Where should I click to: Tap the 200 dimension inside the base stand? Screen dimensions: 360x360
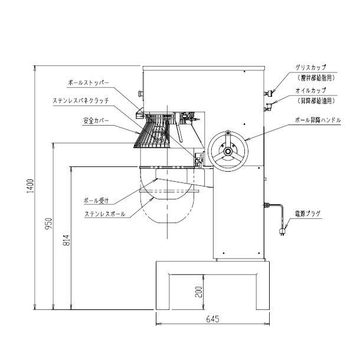click(x=199, y=291)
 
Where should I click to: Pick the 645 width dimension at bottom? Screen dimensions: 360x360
click(x=213, y=319)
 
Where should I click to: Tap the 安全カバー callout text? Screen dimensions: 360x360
click(x=94, y=120)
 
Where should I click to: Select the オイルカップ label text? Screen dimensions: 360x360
click(x=310, y=90)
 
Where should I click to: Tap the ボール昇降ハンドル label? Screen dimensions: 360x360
click(x=318, y=120)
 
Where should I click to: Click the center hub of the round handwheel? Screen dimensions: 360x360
click(x=227, y=152)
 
